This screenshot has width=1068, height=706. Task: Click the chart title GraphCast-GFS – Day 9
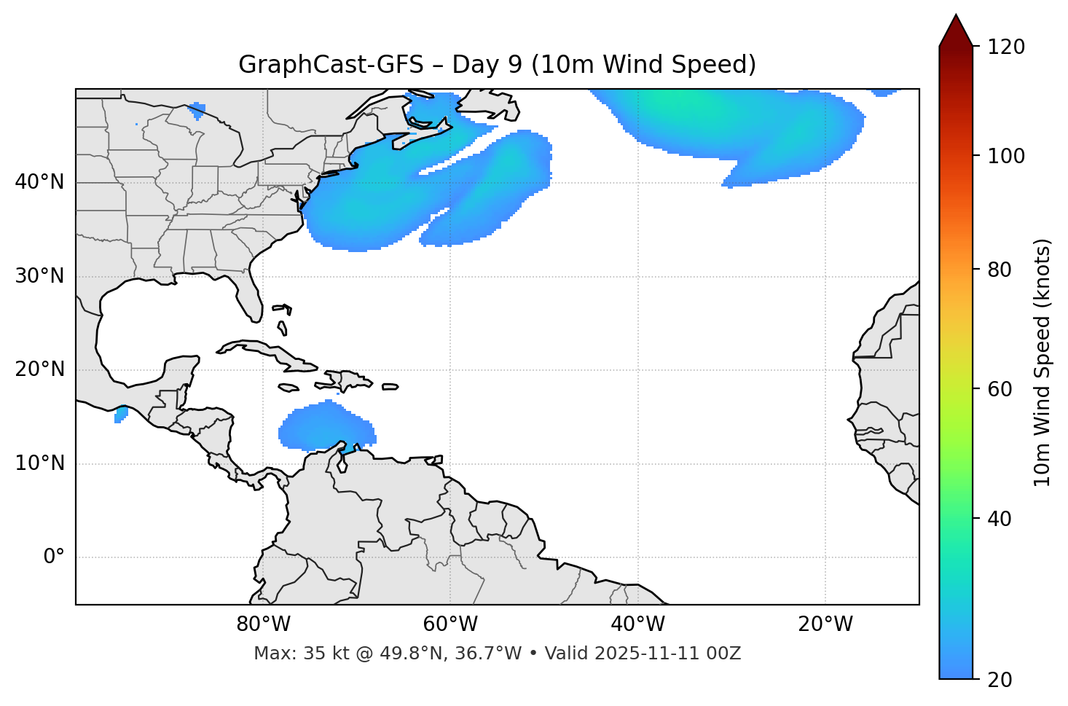tap(497, 65)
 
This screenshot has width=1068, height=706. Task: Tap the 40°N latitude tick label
tap(39, 182)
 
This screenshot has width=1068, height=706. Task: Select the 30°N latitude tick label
tap(39, 276)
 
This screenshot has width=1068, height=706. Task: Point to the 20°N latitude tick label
tap(39, 369)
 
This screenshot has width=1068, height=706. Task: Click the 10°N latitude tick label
tap(39, 463)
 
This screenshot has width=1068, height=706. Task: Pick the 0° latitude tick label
tap(54, 557)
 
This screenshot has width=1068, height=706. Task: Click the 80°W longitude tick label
tap(263, 624)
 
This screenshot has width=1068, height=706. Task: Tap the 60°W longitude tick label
tap(450, 624)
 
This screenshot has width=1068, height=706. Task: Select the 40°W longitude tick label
tap(637, 624)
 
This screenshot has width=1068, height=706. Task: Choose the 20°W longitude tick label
tap(825, 624)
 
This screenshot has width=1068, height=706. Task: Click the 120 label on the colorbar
tap(1006, 47)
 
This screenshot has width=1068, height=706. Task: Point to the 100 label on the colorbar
tap(1006, 156)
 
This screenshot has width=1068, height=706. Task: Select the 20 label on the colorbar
tap(1000, 680)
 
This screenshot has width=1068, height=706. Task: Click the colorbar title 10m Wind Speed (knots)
tap(1043, 362)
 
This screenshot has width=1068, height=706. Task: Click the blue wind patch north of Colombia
tap(326, 428)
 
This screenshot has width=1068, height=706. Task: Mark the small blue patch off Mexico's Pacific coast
tap(121, 415)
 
